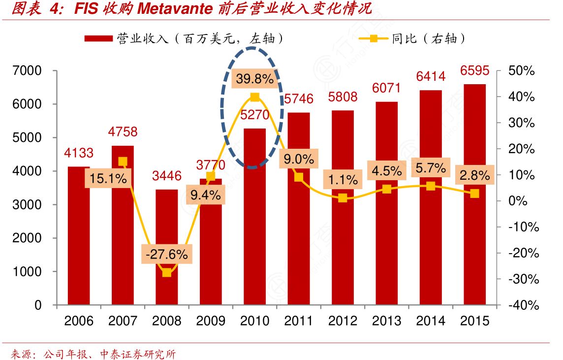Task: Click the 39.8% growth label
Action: point(254,78)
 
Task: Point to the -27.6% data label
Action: point(166,254)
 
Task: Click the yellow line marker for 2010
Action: point(254,98)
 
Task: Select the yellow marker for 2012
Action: point(343,198)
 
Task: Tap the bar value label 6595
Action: point(474,71)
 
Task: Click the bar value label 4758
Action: point(123,132)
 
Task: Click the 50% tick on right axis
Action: point(522,71)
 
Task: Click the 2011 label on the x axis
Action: point(299,321)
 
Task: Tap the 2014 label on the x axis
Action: point(431,321)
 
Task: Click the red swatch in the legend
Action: point(98,38)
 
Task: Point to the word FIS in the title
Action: point(87,8)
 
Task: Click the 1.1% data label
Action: point(343,180)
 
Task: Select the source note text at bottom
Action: point(93,354)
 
